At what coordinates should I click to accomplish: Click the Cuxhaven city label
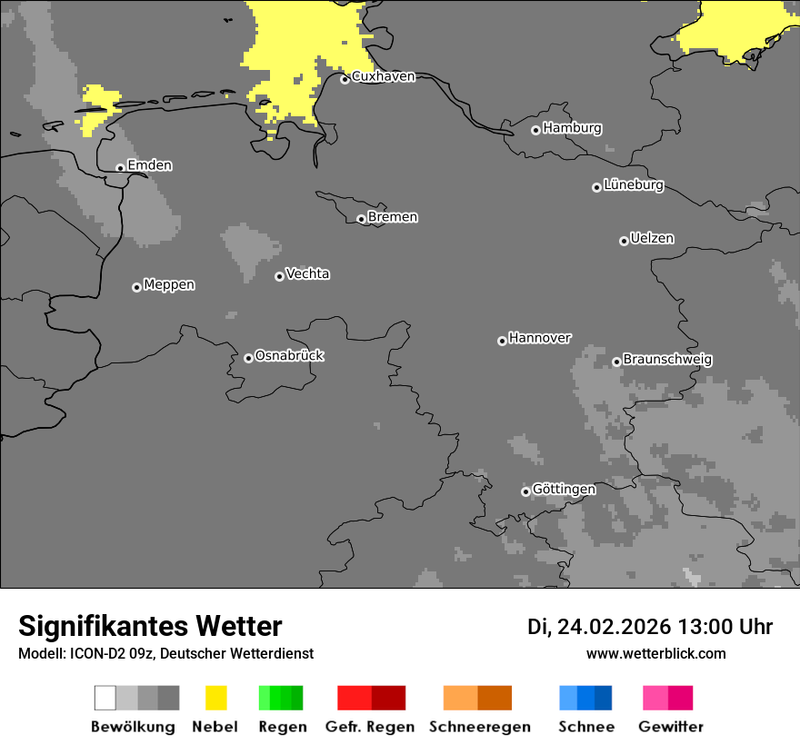(x=383, y=77)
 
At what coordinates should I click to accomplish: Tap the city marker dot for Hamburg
(x=535, y=130)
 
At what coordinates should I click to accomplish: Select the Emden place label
(x=149, y=165)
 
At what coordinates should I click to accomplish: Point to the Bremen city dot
(x=361, y=219)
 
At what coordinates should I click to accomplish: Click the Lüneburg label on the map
(x=633, y=185)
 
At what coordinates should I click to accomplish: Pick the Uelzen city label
(x=652, y=239)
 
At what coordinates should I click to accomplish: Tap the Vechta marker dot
(x=279, y=276)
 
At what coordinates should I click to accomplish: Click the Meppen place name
(x=169, y=285)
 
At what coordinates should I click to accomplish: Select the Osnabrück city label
(x=289, y=356)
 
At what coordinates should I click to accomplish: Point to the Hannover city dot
(x=502, y=341)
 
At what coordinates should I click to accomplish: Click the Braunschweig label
(x=667, y=360)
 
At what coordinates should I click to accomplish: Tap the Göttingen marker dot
(x=525, y=491)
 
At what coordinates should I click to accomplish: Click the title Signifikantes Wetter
(x=150, y=627)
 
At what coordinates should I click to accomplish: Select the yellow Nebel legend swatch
(x=215, y=698)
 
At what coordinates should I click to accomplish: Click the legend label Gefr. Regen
(x=370, y=727)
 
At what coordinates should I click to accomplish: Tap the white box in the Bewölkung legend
(x=105, y=698)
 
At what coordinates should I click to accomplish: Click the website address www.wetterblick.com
(x=655, y=653)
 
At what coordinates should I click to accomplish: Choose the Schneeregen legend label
(x=480, y=727)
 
